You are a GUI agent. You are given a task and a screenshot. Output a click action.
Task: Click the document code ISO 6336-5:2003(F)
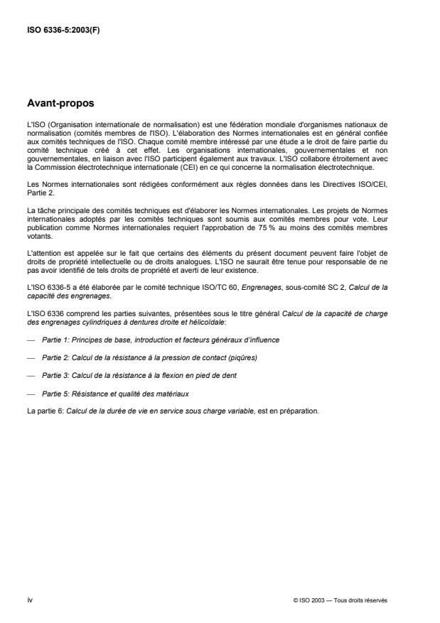(x=63, y=30)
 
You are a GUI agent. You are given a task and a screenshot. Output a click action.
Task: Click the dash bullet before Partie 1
(x=30, y=340)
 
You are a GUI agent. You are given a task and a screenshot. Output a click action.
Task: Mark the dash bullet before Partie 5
(x=30, y=392)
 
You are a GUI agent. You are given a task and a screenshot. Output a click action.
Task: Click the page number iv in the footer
(x=29, y=600)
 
